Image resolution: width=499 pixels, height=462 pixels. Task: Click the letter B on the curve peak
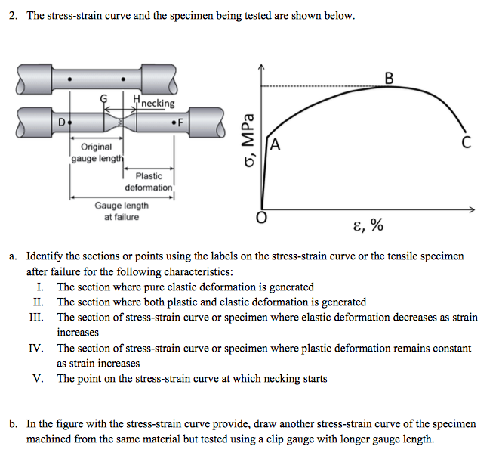click(389, 77)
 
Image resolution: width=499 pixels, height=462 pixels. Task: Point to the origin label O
click(261, 219)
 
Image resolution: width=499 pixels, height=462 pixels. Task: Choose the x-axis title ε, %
click(367, 225)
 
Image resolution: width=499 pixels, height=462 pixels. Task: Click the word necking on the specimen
click(158, 103)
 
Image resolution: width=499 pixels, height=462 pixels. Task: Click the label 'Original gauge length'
click(96, 152)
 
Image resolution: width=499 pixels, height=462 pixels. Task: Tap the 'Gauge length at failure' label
click(122, 211)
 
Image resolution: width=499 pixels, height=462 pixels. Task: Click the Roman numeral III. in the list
click(35, 318)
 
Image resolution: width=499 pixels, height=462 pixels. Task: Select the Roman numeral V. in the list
click(38, 378)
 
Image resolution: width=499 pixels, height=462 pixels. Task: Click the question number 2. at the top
click(14, 16)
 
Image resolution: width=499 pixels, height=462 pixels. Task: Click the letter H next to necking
click(135, 99)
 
